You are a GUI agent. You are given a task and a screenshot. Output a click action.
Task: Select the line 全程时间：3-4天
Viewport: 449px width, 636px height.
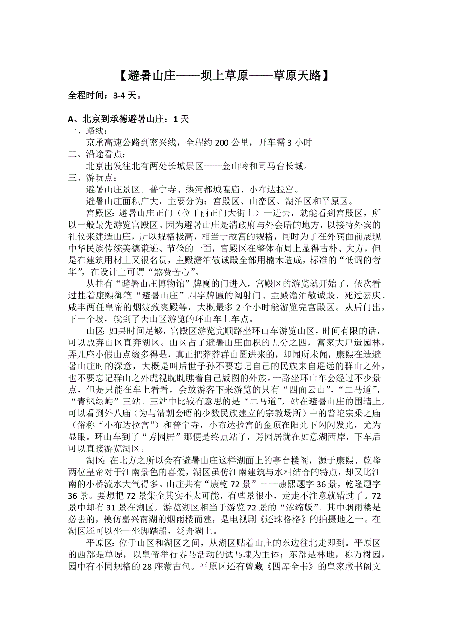click(105, 96)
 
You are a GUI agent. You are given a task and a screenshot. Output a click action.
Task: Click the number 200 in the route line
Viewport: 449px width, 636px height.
click(222, 142)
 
